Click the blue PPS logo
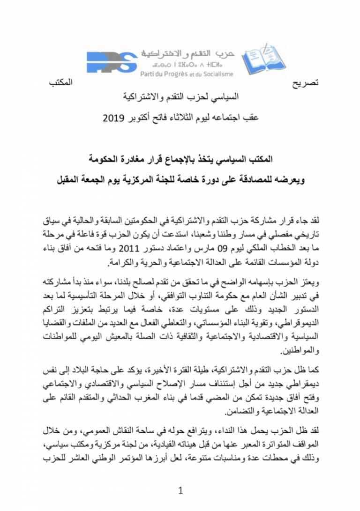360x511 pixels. (112, 62)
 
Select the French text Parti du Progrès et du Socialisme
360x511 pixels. (186, 74)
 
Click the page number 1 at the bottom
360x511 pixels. (180, 491)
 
